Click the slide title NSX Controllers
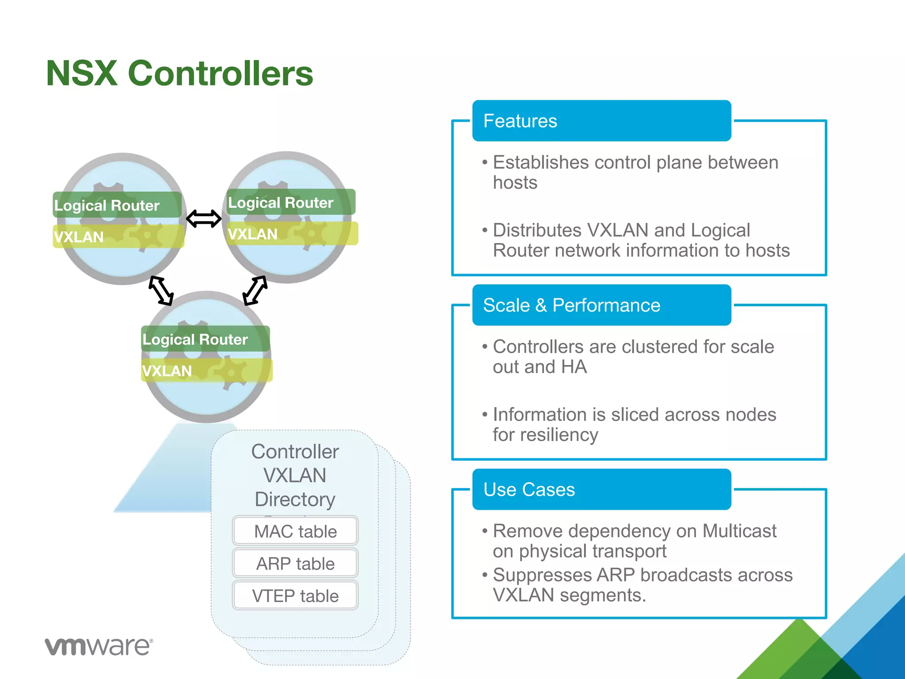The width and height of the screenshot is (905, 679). (179, 73)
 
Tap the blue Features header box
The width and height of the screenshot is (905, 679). (601, 121)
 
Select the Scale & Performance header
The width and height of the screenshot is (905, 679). (601, 305)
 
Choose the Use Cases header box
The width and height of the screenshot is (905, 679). (601, 489)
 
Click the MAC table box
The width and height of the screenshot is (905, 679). (295, 531)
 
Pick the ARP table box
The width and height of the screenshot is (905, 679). (295, 564)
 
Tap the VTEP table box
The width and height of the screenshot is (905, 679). (295, 596)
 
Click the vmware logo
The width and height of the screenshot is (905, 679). (99, 647)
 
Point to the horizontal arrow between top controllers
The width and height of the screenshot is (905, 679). (204, 218)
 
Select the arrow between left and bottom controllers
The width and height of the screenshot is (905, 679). (161, 290)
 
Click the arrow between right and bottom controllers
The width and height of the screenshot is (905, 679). (255, 290)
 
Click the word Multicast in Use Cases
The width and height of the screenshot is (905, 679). (739, 531)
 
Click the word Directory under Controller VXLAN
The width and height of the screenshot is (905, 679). (295, 499)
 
